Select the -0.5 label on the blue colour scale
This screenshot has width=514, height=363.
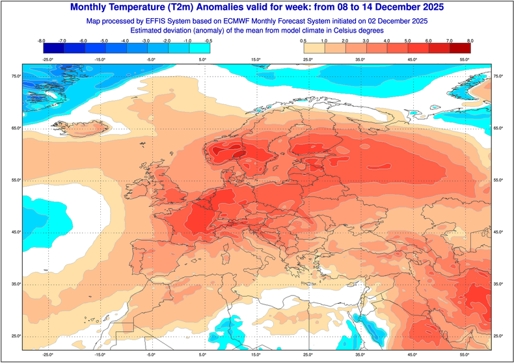click(x=208, y=40)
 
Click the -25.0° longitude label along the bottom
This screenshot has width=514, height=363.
click(x=47, y=355)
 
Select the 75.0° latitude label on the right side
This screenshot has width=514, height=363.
click(x=499, y=77)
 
